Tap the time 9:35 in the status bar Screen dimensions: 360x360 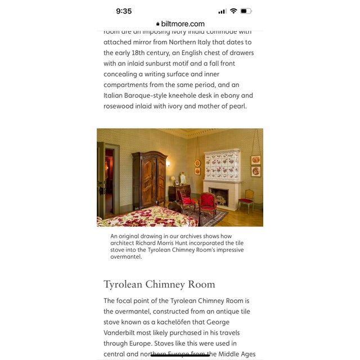(124, 11)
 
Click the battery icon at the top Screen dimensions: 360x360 (246, 11)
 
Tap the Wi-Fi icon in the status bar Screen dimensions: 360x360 (233, 11)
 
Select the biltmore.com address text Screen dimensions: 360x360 (183, 24)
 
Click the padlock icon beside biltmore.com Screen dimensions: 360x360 (157, 24)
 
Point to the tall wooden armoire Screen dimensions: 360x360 (149, 179)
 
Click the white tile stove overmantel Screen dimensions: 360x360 (222, 165)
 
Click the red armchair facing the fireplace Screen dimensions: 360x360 (208, 204)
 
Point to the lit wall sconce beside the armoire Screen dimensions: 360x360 (168, 164)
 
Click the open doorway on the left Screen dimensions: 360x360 (107, 180)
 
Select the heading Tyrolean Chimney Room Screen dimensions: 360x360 (159, 284)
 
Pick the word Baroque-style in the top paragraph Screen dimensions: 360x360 (151, 96)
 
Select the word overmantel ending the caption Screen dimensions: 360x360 (127, 256)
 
